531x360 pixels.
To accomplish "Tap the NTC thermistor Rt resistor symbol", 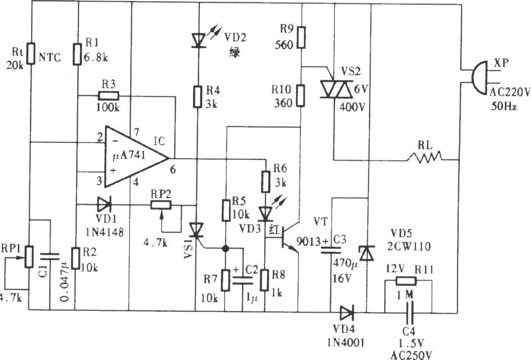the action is click(31, 54).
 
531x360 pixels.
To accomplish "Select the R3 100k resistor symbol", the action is click(108, 96).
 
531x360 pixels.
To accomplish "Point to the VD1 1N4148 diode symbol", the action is click(104, 204).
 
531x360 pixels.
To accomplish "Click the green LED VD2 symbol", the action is click(199, 40).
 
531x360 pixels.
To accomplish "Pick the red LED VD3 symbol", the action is click(266, 214).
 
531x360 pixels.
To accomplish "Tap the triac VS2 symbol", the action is click(336, 89).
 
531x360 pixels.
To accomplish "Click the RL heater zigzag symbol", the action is click(425, 157).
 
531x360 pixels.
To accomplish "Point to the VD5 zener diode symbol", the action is click(367, 254).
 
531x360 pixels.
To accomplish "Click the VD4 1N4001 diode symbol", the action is click(347, 313).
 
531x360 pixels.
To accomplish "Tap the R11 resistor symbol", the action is click(406, 281).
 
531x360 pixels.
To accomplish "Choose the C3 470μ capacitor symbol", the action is click(331, 250).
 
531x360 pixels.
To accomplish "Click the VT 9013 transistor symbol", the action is click(288, 237).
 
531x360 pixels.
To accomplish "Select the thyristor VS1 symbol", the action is click(196, 230).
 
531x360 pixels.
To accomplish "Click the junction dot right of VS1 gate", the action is click(224, 248).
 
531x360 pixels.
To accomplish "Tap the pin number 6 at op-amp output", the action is click(173, 170).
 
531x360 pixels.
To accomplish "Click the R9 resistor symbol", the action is click(301, 37).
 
